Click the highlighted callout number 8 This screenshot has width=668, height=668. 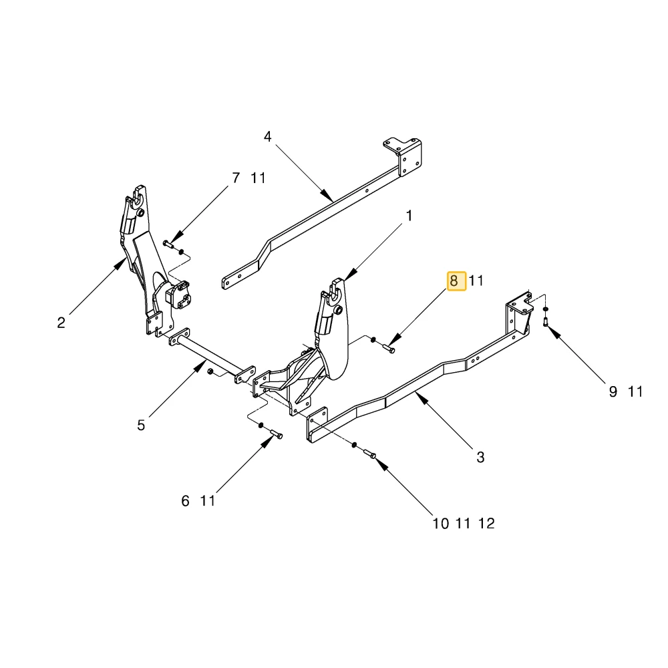pyautogui.click(x=454, y=281)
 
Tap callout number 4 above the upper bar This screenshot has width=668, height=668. pyautogui.click(x=268, y=136)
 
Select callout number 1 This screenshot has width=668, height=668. pyautogui.click(x=409, y=216)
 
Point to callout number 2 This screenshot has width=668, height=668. pyautogui.click(x=61, y=323)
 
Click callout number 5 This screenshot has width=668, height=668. pyautogui.click(x=141, y=425)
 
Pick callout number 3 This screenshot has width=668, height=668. pyautogui.click(x=480, y=457)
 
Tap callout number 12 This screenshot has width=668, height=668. pyautogui.click(x=486, y=523)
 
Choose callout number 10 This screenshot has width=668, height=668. pyautogui.click(x=441, y=523)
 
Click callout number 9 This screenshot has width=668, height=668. pyautogui.click(x=613, y=391)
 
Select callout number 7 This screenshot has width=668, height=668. pyautogui.click(x=236, y=178)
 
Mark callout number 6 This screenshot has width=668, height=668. pyautogui.click(x=185, y=500)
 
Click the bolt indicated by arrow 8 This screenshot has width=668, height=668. pyautogui.click(x=389, y=349)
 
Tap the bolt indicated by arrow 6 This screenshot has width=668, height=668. pyautogui.click(x=277, y=434)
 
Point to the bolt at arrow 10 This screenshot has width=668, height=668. pyautogui.click(x=369, y=454)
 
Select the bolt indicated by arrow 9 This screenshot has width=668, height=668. pyautogui.click(x=546, y=322)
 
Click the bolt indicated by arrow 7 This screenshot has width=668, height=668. pyautogui.click(x=168, y=244)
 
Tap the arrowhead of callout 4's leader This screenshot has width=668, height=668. pyautogui.click(x=327, y=196)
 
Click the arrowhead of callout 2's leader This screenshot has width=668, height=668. pyautogui.click(x=120, y=264)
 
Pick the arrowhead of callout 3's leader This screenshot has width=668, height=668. pyautogui.click(x=421, y=399)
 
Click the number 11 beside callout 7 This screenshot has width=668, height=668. pyautogui.click(x=258, y=178)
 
